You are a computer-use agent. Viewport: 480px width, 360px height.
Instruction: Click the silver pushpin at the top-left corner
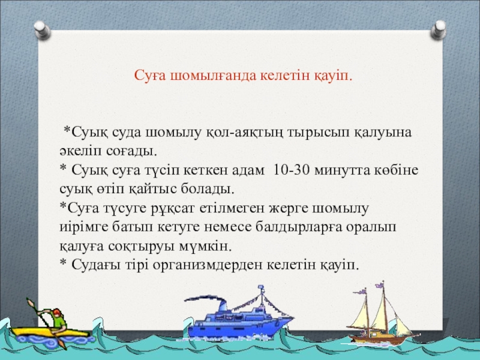(x=42, y=30)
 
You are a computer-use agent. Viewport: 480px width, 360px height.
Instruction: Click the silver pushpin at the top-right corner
(x=439, y=29)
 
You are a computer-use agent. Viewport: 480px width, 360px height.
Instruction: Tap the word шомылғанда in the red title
(x=213, y=76)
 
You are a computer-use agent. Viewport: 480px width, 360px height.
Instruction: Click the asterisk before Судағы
(x=64, y=262)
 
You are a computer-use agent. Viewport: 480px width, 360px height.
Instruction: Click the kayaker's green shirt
(x=58, y=320)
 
